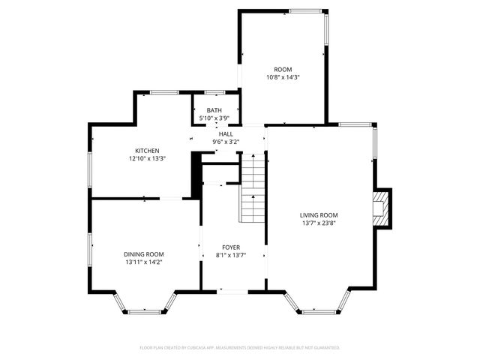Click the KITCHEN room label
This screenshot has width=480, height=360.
click(146, 151)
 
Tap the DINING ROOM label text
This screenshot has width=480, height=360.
click(144, 254)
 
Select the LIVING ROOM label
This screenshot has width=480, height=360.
click(319, 214)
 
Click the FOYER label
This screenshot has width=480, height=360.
click(230, 247)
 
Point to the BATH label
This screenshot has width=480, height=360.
click(214, 111)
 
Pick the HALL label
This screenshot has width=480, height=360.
click(226, 133)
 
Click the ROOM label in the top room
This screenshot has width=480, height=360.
click(283, 69)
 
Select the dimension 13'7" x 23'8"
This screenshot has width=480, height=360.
click(319, 223)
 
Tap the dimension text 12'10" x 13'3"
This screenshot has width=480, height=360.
click(146, 158)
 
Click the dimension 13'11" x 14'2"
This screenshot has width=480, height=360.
click(144, 262)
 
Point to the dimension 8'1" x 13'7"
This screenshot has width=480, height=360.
click(230, 255)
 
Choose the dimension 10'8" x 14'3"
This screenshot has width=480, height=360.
click(283, 77)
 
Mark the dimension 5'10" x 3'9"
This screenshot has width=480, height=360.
click(214, 118)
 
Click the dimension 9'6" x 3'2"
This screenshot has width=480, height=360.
click(226, 141)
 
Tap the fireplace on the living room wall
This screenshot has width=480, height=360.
click(382, 208)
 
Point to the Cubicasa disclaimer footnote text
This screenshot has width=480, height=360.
click(240, 348)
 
